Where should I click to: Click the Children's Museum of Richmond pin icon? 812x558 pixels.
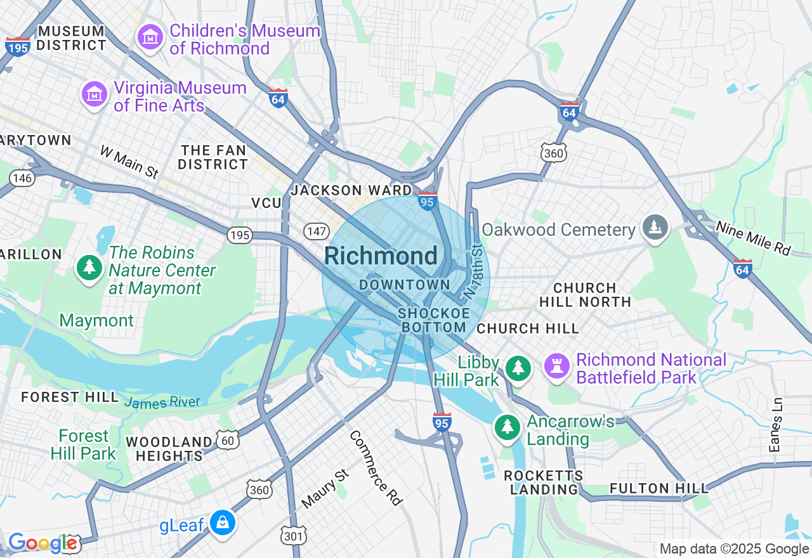150,38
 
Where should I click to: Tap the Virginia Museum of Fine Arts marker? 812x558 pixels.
95,95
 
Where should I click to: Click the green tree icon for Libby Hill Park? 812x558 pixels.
518,368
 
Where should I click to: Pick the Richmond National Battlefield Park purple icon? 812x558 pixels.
558,367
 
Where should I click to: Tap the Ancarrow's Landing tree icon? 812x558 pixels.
507,427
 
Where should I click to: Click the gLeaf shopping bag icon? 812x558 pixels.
223,523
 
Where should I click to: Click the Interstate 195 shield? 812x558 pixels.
17,47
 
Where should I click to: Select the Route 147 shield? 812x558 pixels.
316,231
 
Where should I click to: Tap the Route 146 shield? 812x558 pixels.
22,178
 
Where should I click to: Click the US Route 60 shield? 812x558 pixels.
228,440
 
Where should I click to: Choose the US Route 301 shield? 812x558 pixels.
294,536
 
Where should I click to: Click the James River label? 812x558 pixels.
162,403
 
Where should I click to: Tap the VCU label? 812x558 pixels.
266,203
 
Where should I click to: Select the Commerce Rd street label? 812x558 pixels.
376,468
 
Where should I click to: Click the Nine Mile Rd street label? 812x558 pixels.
754,238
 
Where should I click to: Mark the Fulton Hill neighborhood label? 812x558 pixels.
659,488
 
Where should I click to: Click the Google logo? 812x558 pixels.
43,543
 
